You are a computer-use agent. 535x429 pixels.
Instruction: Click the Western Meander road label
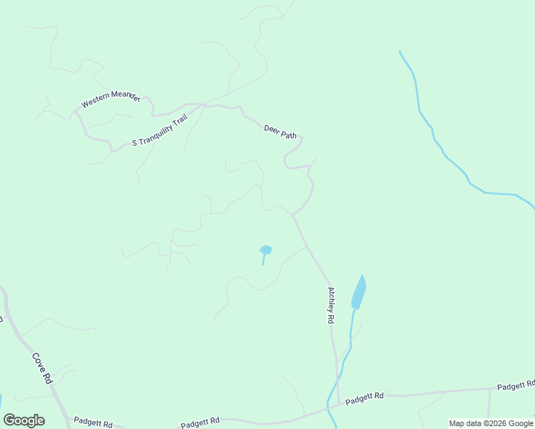111,99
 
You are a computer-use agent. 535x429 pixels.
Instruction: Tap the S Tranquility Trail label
159,131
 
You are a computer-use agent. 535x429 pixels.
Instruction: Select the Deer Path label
280,132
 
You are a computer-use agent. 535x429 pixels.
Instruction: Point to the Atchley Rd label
331,306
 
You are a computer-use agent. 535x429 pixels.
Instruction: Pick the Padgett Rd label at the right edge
516,385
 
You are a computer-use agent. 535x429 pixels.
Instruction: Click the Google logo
24,420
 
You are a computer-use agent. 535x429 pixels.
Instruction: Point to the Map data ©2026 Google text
491,423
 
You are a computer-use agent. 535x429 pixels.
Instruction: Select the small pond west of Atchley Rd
265,250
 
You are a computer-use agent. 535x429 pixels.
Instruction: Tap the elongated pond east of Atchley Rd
359,292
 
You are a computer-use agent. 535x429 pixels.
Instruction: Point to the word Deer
271,129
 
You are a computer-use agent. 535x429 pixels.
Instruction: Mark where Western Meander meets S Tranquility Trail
75,113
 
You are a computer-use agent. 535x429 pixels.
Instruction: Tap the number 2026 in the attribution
496,423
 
